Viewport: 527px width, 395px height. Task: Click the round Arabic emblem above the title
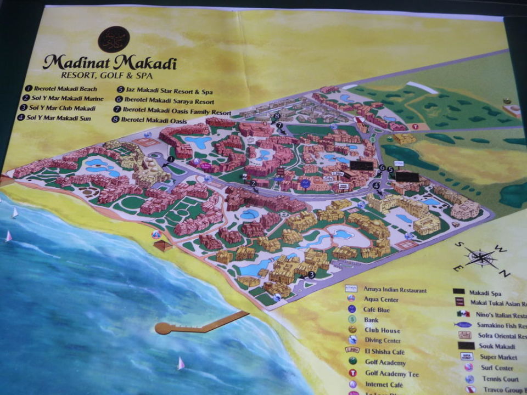[x=114, y=39]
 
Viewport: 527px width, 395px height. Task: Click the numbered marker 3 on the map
[x=311, y=275]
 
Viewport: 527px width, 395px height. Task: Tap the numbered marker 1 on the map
[x=171, y=159]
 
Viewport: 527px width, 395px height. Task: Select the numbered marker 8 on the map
[x=278, y=116]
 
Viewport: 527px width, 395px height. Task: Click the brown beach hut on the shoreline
[x=163, y=245]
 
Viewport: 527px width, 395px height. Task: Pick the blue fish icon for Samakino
[x=463, y=325]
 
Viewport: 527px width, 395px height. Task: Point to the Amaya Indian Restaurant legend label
[x=394, y=289]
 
